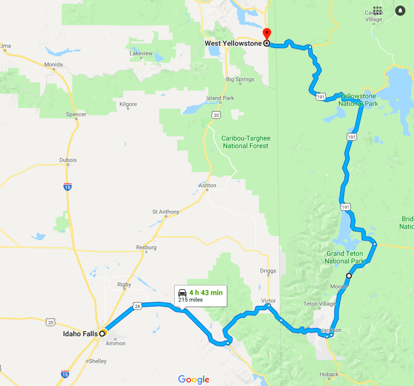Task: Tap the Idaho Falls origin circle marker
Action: [x=102, y=334]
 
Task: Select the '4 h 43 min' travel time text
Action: [x=205, y=293]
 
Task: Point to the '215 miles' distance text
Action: [x=190, y=300]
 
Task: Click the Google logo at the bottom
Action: [x=194, y=379]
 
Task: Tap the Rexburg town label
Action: [x=146, y=247]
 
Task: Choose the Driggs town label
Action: [x=268, y=271]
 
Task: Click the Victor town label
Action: [x=268, y=301]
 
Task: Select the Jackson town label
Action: [x=331, y=330]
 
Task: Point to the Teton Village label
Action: [x=320, y=304]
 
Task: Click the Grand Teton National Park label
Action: [x=344, y=258]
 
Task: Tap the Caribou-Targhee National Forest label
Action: [x=246, y=142]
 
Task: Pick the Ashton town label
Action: [x=207, y=185]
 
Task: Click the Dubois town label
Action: [x=68, y=160]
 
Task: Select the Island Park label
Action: [x=220, y=98]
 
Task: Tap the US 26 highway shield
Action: [x=138, y=306]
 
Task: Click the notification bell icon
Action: [x=400, y=10]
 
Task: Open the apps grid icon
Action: [x=377, y=10]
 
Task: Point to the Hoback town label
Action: [x=329, y=374]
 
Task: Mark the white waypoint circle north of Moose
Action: [x=348, y=276]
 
